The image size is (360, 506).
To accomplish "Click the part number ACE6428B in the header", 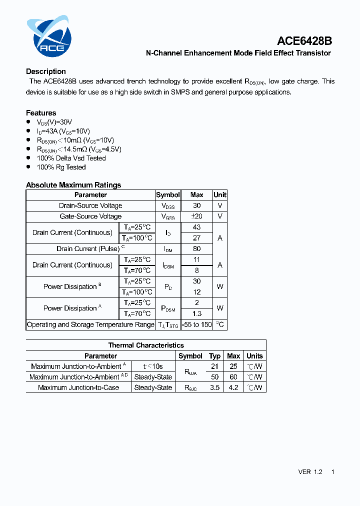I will pyautogui.click(x=304, y=41).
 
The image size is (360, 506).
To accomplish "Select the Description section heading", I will pyautogui.click(x=46, y=71).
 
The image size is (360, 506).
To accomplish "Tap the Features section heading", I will pyautogui.click(x=41, y=113).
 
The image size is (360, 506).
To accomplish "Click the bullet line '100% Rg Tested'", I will pyautogui.click(x=61, y=167).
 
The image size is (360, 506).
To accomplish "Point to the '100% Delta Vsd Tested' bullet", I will pyautogui.click(x=71, y=158).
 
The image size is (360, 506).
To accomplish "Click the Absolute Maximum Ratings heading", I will pyautogui.click(x=73, y=185).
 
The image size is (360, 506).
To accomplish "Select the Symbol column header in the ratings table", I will pyautogui.click(x=168, y=195).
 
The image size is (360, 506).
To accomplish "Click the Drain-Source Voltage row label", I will pyautogui.click(x=90, y=205).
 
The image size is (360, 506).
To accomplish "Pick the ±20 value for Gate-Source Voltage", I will pyautogui.click(x=196, y=216).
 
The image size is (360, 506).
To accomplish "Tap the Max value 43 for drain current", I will pyautogui.click(x=196, y=227).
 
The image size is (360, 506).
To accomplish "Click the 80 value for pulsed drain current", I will pyautogui.click(x=196, y=248).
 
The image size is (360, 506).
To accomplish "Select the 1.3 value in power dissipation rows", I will pyautogui.click(x=196, y=313).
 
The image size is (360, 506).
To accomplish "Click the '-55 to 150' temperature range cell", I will pyautogui.click(x=196, y=324).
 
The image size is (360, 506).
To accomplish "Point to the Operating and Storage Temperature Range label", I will pyautogui.click(x=90, y=324).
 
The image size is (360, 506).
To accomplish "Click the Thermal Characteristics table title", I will pyautogui.click(x=146, y=345).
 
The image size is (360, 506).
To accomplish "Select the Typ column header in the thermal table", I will pyautogui.click(x=215, y=356).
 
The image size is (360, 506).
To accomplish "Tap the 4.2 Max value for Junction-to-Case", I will pyautogui.click(x=233, y=387).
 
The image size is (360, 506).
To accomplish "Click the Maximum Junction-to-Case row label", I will pyautogui.click(x=78, y=387).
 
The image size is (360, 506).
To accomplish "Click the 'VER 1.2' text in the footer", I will pyautogui.click(x=310, y=472).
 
